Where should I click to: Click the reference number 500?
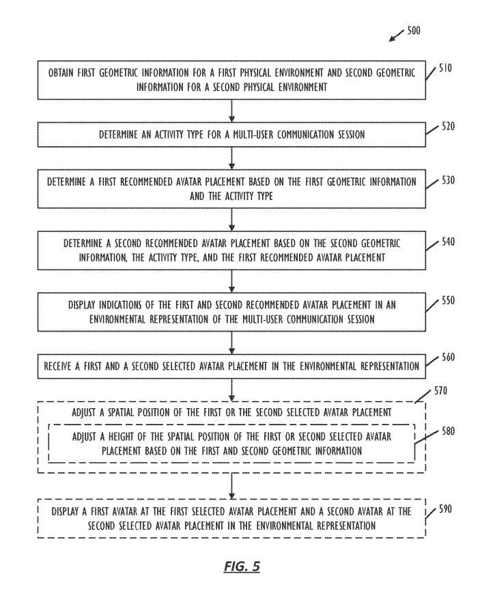click(414, 31)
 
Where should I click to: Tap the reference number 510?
click(445, 69)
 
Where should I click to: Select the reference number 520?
click(445, 126)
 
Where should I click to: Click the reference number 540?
click(445, 242)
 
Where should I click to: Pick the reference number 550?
click(445, 300)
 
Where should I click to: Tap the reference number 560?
click(445, 357)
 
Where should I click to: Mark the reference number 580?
click(445, 431)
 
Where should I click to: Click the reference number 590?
click(446, 508)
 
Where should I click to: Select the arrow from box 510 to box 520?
click(233, 111)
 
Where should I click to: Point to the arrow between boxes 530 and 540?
click(233, 219)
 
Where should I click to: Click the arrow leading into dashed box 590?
click(233, 485)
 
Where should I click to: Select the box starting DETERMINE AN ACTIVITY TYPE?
click(233, 134)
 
